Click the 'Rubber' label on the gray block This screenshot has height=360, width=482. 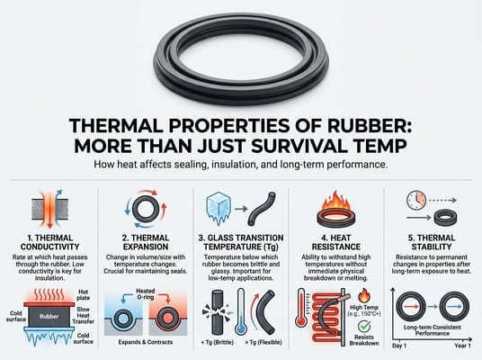tap(50, 316)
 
